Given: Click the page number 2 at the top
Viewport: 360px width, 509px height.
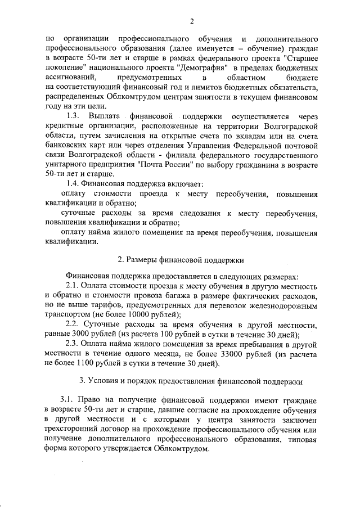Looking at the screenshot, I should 192,22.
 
